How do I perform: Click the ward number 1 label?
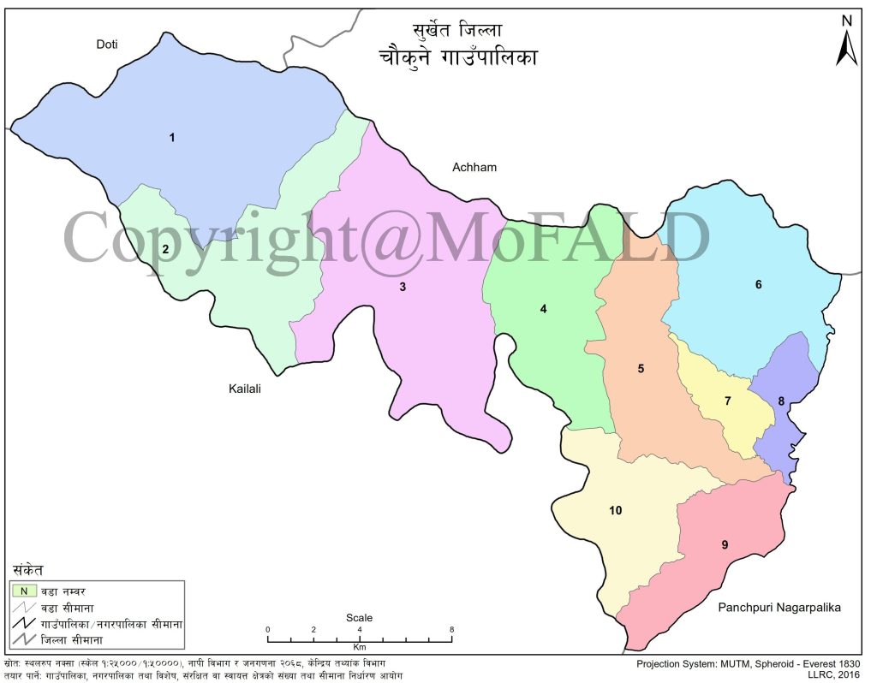click(172, 137)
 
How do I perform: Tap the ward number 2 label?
click(165, 249)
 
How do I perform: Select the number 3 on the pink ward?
click(402, 287)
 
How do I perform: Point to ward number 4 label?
click(543, 309)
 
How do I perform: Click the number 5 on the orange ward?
click(641, 369)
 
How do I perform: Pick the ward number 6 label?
click(758, 284)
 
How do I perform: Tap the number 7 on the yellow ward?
click(728, 401)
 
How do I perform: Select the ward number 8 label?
click(781, 401)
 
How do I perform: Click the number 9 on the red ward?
click(725, 544)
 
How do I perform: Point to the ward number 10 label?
click(615, 510)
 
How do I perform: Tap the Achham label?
click(474, 167)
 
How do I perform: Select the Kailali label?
click(244, 389)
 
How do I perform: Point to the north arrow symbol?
click(846, 43)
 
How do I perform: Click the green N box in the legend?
click(25, 590)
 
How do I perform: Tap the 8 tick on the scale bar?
click(452, 629)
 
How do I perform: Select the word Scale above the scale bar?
click(360, 618)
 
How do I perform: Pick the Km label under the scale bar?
click(360, 648)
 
